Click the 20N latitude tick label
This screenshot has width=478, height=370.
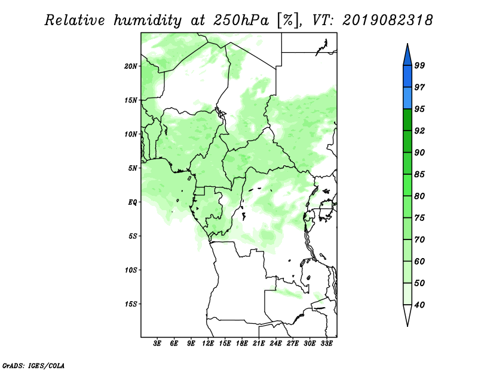pos(131,66)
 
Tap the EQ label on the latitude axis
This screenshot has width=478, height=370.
pos(133,202)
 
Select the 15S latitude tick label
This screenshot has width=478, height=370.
pos(131,304)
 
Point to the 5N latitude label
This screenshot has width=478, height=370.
pos(133,168)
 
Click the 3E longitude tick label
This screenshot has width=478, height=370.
pos(157,344)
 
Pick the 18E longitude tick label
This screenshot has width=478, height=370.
pos(242,344)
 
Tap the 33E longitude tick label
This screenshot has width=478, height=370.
pos(326,344)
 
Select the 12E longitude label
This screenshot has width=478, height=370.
pos(208,344)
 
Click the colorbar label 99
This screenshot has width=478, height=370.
pos(419,65)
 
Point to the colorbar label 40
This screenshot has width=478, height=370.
pos(419,305)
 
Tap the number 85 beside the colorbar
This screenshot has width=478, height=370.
pos(419,174)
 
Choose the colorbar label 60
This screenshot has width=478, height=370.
pos(419,261)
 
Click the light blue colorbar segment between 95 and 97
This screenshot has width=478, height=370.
pos(407,98)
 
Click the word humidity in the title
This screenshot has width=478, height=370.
pos(148,20)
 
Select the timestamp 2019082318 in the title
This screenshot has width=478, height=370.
pos(387,20)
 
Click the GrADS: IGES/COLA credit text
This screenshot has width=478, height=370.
pos(33,365)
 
